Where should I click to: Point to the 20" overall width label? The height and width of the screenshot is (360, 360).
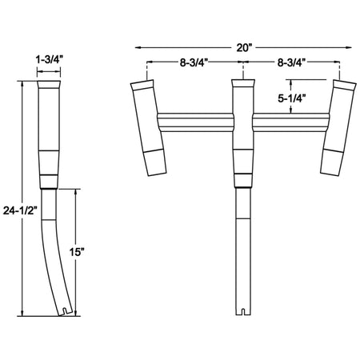pyautogui.click(x=246, y=47)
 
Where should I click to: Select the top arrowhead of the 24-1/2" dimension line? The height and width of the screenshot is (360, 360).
pyautogui.click(x=23, y=85)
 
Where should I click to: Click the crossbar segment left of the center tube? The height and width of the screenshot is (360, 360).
pyautogui.click(x=198, y=122)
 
